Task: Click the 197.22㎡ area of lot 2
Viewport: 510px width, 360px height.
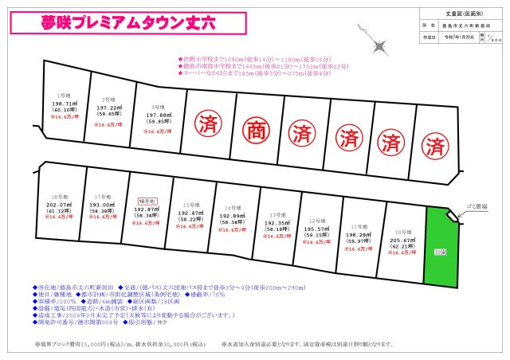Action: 110,108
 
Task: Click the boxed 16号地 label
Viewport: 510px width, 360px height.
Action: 147,202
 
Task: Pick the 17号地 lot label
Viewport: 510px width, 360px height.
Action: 101,196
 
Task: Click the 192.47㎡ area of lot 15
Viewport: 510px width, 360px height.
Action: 189,213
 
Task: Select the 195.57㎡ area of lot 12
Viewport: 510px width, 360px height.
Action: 316,228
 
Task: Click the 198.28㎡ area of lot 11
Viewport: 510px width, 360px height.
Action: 357,235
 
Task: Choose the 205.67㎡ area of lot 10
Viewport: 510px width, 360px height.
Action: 400,241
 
